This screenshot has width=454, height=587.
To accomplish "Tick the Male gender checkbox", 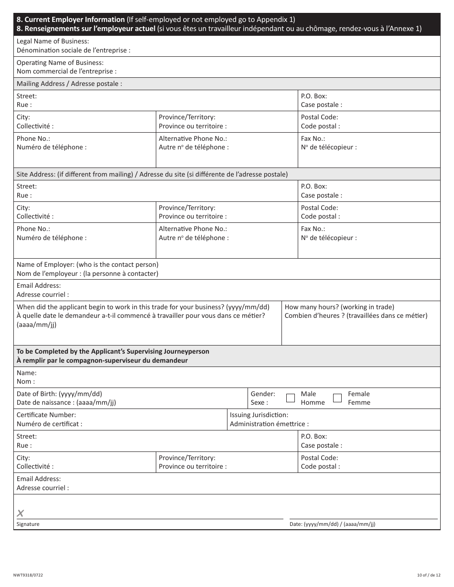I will click(291, 398).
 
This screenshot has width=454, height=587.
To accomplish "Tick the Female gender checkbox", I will click(337, 398).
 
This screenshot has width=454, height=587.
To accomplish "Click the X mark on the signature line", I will click(21, 514).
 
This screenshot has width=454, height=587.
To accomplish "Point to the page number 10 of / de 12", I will click(428, 575).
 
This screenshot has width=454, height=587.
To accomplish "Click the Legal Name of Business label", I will click(53, 42).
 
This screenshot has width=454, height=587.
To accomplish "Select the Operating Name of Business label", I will click(60, 63).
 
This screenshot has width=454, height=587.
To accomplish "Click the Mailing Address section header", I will click(69, 84).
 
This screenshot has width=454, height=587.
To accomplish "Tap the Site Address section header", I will click(152, 174).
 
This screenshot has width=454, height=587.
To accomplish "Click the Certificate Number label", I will click(46, 415).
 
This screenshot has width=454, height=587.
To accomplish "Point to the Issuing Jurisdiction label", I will click(259, 415).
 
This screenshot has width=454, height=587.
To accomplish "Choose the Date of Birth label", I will click(59, 394).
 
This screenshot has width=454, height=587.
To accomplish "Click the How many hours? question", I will click(339, 307).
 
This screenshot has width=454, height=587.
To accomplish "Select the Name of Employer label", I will click(87, 264).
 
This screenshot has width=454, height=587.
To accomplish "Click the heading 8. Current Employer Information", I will click(71, 20).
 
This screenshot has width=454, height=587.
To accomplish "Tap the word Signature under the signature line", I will click(28, 524).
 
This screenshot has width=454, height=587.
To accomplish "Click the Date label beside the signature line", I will click(332, 524).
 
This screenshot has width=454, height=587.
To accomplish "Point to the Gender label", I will click(263, 394).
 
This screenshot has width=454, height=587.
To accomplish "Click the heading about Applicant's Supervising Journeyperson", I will click(113, 351).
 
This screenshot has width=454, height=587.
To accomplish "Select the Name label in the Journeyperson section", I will click(27, 373).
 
